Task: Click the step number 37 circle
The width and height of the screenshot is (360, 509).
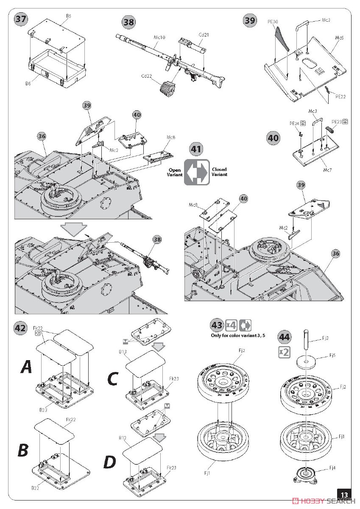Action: [x=20, y=19]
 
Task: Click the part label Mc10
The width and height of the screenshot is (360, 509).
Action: [x=159, y=38]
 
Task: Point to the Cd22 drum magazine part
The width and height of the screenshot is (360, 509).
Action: [x=167, y=88]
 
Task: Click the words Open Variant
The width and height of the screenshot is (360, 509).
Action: [x=175, y=172]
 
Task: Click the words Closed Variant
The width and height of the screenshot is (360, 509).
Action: [x=220, y=172]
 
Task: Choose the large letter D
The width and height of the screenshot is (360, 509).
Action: [x=109, y=461]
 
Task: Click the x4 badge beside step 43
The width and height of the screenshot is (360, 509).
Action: [x=231, y=325]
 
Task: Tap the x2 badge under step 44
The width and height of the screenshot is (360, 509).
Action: [x=284, y=352]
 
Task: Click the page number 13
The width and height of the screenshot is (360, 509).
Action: [x=344, y=494]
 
